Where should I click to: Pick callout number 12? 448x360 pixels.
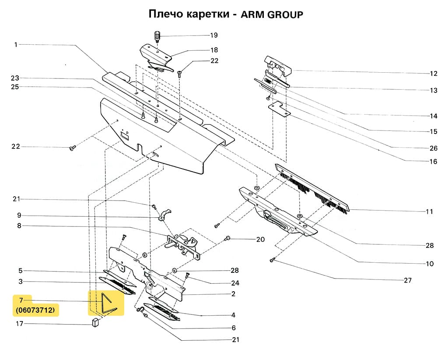tap(433, 73)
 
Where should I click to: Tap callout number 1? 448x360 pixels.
tap(16, 44)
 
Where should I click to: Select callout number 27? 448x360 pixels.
tap(408, 280)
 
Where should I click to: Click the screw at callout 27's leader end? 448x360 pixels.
tap(272, 261)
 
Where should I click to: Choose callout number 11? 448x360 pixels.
tap(430, 212)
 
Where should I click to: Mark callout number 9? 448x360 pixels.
tap(19, 215)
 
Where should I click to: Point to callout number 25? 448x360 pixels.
tap(15, 87)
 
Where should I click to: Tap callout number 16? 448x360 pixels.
tap(433, 162)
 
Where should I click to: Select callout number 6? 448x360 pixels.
tap(234, 328)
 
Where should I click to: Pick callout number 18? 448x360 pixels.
tap(214, 50)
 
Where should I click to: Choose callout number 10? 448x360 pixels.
tap(430, 264)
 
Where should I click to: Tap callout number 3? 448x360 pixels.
tap(20, 282)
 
